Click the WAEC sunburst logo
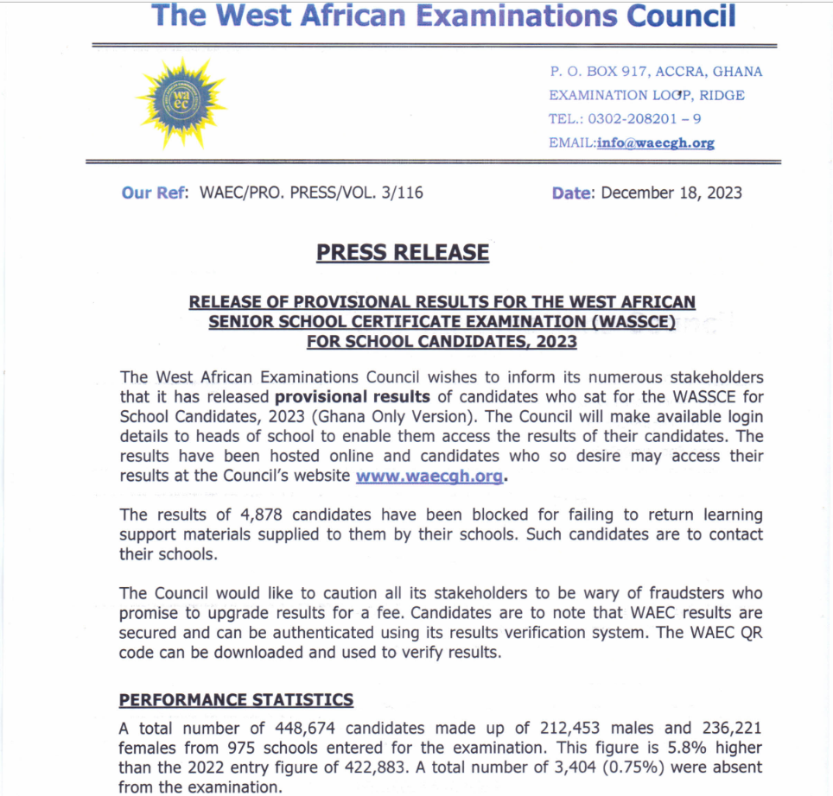[181, 103]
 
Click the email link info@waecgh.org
[655, 143]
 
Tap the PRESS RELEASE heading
[403, 252]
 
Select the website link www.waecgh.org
[429, 475]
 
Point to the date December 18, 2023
[671, 193]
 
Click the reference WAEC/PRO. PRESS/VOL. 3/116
[311, 193]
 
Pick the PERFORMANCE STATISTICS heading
[236, 699]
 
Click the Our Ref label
[156, 193]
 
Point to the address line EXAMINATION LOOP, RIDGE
[646, 95]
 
